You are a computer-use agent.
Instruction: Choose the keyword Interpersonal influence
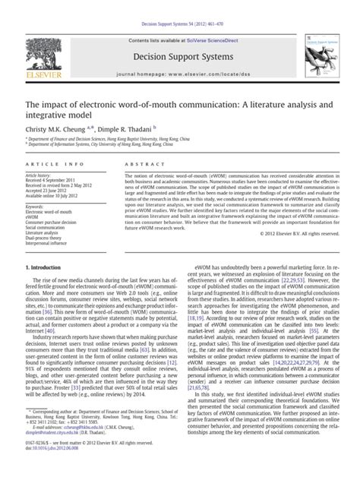(52, 242)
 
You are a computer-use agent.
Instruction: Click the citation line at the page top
(179, 7)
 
